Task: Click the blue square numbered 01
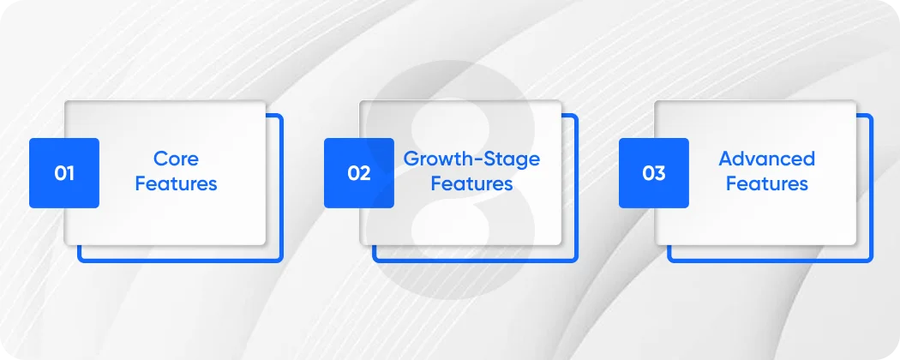click(64, 172)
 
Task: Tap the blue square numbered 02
click(359, 172)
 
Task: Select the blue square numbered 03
click(654, 172)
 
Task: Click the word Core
click(176, 159)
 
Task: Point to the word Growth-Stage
click(471, 159)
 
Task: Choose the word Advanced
click(766, 159)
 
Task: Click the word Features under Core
click(176, 183)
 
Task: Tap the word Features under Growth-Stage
click(471, 183)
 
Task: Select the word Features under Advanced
click(766, 183)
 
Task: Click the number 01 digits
click(64, 173)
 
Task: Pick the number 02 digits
click(359, 173)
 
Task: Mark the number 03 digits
click(654, 173)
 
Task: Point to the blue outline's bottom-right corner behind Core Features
click(281, 260)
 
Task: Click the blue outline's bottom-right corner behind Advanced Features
click(871, 260)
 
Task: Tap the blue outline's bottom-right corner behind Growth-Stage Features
click(576, 260)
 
